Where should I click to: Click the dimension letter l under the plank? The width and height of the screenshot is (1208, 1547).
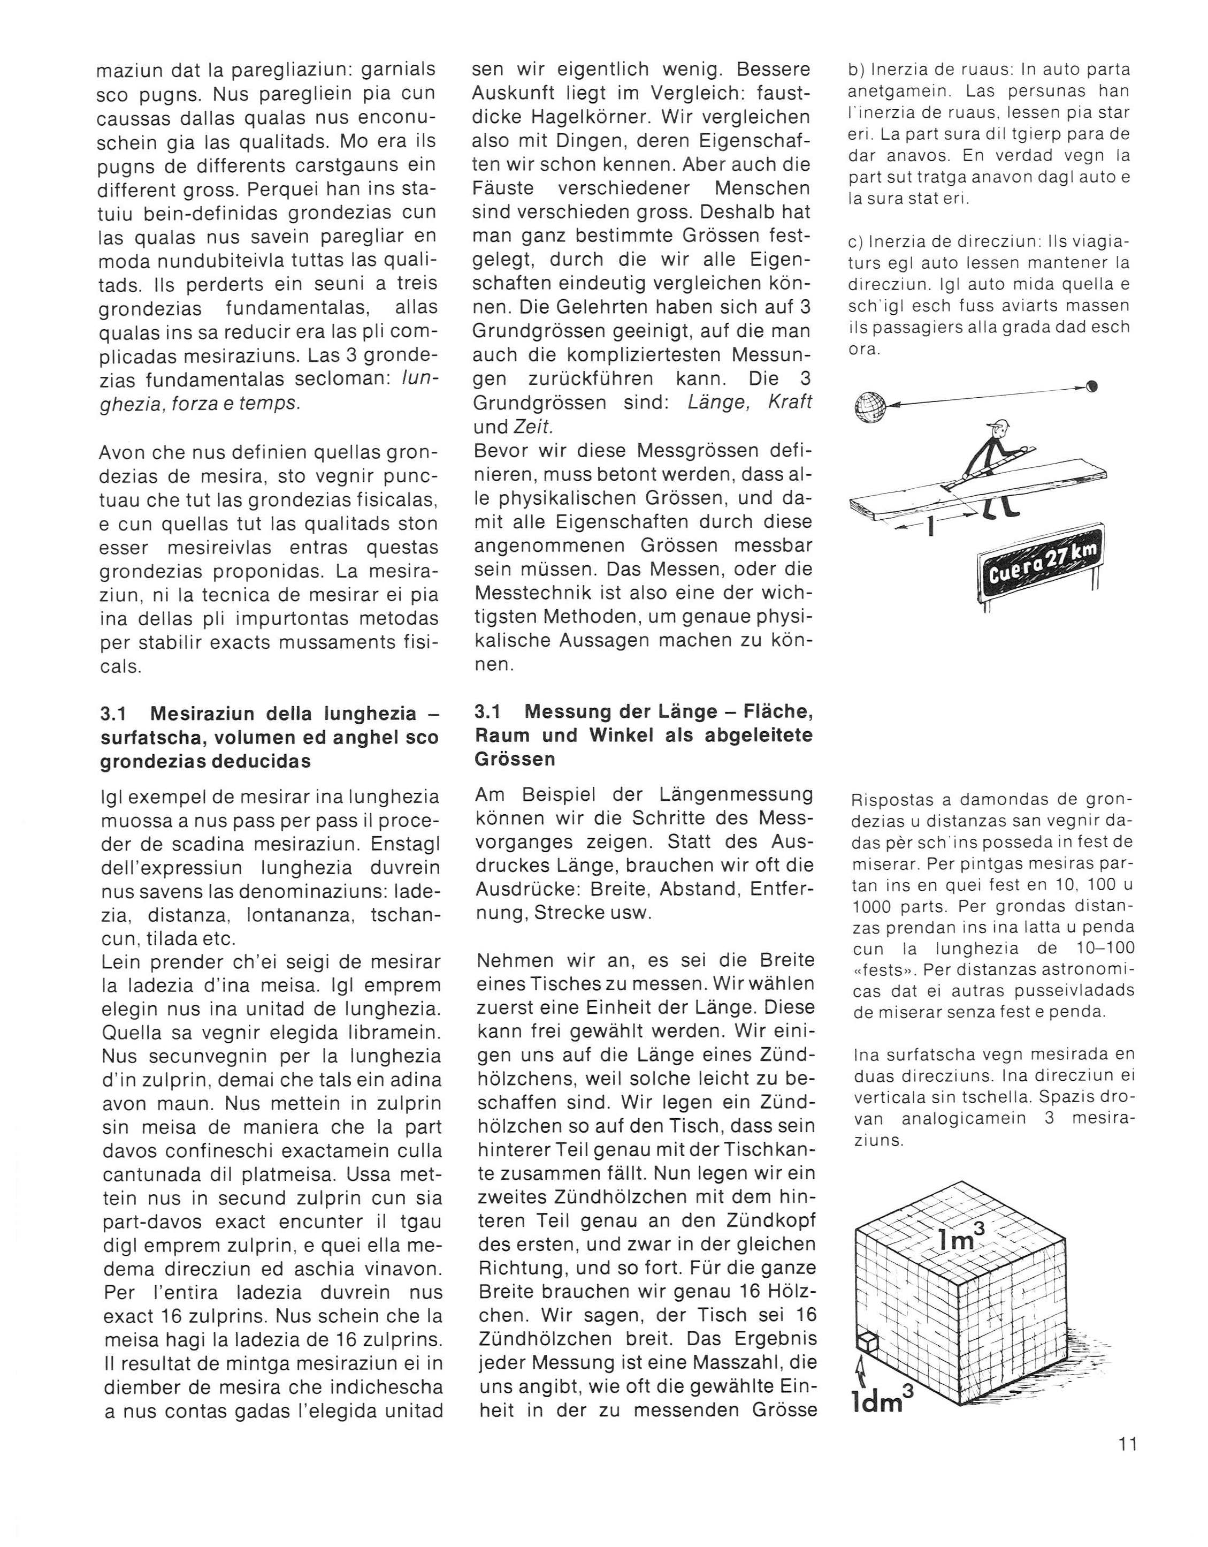point(930,527)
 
